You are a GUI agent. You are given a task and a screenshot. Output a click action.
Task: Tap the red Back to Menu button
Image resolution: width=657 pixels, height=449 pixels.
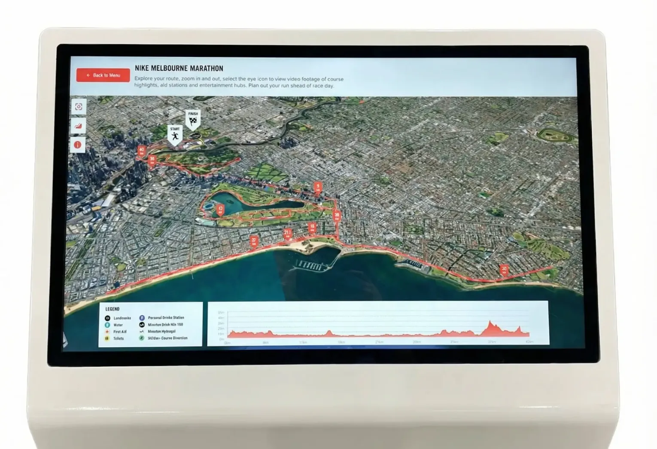click(103, 75)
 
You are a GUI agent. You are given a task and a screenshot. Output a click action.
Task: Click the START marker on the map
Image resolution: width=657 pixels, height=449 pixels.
click(175, 135)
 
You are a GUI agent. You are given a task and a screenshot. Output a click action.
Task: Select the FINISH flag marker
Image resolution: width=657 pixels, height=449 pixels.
click(193, 120)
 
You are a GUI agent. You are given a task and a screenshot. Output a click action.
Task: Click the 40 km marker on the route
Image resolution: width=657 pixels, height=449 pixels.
click(141, 151)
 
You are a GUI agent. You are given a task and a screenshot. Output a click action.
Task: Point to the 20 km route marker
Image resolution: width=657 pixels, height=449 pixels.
click(504, 270)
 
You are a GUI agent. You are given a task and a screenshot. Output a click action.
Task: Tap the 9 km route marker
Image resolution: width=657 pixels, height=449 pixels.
click(318, 187)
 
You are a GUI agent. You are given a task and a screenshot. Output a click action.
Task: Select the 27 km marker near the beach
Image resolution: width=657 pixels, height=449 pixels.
click(254, 241)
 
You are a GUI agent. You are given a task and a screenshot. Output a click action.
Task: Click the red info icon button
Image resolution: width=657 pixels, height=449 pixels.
click(78, 145)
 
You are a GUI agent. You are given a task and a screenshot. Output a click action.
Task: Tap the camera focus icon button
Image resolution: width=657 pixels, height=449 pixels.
click(78, 107)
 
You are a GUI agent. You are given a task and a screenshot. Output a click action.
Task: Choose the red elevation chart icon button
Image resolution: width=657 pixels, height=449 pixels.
click(78, 126)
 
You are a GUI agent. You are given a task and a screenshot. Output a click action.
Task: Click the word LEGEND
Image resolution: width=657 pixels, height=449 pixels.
click(113, 309)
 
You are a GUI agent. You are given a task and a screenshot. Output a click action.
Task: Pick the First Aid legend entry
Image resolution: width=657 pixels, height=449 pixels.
click(119, 331)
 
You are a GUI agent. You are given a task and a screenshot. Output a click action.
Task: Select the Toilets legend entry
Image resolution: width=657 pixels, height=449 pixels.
click(118, 338)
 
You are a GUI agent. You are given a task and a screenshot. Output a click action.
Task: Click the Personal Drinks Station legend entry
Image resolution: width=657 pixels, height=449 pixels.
click(165, 318)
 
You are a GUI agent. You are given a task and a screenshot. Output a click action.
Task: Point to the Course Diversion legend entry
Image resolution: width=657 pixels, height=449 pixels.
click(167, 338)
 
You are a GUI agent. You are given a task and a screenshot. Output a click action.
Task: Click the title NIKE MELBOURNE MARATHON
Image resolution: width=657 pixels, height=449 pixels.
click(179, 68)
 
